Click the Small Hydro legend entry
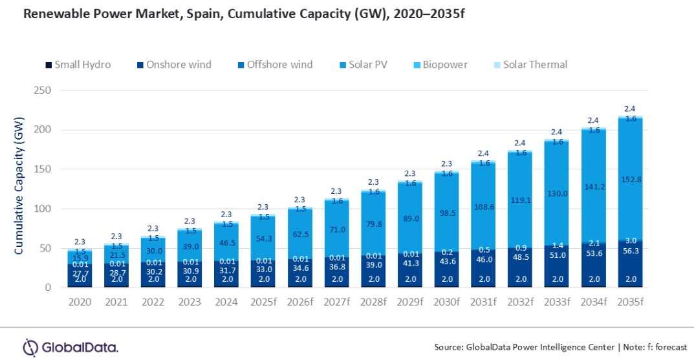[x=78, y=65]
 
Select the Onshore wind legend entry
[x=174, y=65]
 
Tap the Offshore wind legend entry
[x=275, y=65]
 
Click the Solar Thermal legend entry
[x=530, y=65]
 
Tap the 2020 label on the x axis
[x=80, y=302]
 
